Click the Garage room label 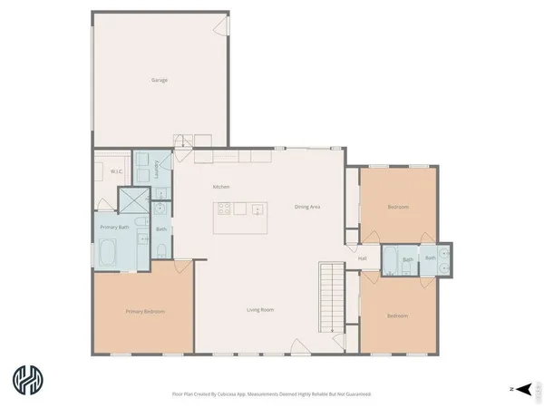point(160,80)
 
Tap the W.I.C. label point(116,170)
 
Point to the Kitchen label point(221,187)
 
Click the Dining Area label point(307,207)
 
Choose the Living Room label point(260,310)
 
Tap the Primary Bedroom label point(144,311)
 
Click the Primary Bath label point(112,228)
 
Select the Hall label point(362,258)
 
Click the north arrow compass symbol point(520,388)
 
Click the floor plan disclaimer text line point(271,394)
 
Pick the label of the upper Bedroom point(398,207)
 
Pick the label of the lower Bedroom point(397,316)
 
